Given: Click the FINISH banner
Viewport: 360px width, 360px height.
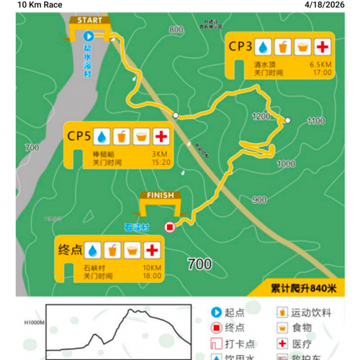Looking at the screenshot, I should point(157,194).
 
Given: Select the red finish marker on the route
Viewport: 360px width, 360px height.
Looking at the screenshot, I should point(170,228).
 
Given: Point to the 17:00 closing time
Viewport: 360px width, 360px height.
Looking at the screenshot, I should point(322,73).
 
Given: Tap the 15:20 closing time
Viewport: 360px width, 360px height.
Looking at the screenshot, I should point(161,162).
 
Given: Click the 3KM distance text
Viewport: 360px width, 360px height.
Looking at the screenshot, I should point(159,153).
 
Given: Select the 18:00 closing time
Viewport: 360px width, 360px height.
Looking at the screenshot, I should point(151,276).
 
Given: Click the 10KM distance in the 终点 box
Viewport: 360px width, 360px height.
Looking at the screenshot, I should point(151,266).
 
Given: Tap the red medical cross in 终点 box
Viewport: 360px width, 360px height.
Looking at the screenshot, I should point(151,250).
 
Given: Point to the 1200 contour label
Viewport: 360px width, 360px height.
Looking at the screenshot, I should point(260,116).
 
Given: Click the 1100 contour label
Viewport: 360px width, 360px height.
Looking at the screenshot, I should point(315,122).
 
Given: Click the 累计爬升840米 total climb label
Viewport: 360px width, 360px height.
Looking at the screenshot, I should point(303,288).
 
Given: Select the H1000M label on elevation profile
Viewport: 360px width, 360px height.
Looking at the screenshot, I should point(33,323).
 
